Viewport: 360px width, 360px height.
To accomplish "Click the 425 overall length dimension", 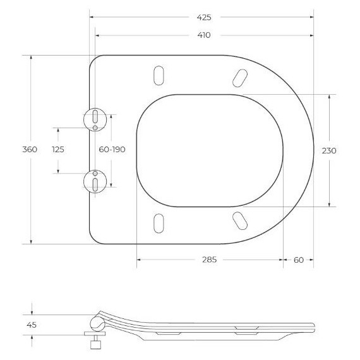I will [204, 17].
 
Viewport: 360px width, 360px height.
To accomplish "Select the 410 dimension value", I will [204, 35].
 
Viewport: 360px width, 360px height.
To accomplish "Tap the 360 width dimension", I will [30, 150].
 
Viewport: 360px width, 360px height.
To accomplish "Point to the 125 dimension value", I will [58, 150].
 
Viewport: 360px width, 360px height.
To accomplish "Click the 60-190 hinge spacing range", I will [112, 150].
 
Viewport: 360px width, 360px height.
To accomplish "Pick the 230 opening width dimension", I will [329, 150].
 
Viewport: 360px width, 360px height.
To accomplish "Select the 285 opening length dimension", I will [209, 260].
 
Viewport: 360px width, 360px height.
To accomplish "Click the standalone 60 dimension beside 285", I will [299, 260].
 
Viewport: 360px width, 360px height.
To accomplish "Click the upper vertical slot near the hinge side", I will [158, 75].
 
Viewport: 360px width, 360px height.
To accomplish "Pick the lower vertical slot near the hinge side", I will [158, 223].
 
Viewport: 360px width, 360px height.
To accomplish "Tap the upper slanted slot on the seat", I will [240, 76].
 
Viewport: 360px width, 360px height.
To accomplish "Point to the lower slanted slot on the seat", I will [240, 220].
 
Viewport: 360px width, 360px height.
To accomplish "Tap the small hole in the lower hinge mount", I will [95, 172].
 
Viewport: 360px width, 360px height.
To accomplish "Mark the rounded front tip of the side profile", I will [313, 326].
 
